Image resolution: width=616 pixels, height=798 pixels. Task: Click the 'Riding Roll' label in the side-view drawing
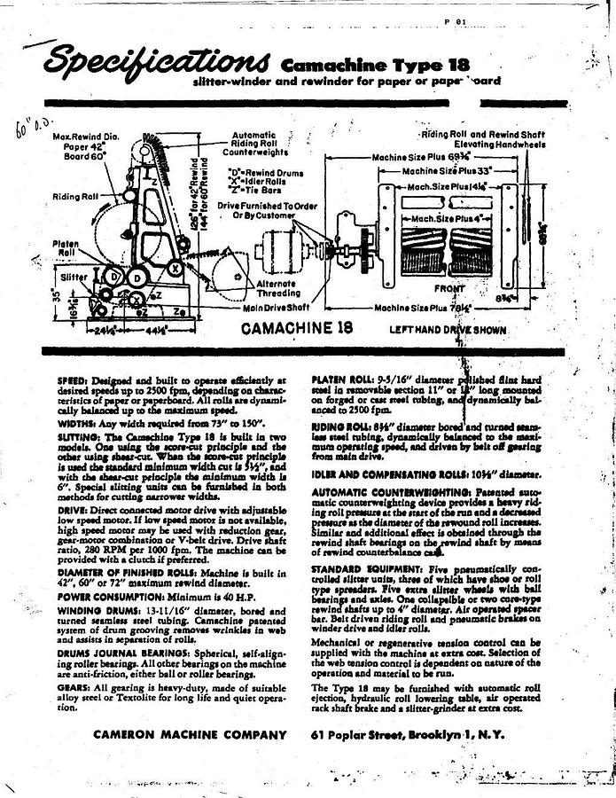coord(69,196)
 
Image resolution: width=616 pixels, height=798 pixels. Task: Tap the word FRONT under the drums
coord(449,289)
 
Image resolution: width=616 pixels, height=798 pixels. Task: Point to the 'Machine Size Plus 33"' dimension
coord(447,170)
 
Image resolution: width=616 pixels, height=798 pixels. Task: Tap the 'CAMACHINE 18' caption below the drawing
coord(297,328)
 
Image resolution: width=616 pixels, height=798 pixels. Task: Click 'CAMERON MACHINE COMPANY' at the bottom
coord(190,735)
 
